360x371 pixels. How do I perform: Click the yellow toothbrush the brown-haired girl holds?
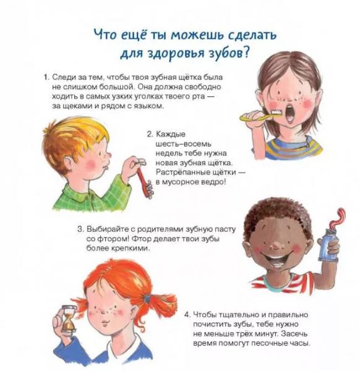click(260, 116)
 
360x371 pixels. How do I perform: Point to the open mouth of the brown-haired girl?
click(290, 113)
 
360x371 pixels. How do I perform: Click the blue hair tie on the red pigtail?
click(148, 299)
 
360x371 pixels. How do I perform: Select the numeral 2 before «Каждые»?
click(150, 134)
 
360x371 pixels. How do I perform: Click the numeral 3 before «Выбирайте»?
click(80, 229)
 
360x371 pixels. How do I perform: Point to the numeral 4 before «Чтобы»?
click(187, 315)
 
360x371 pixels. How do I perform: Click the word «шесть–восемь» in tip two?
click(183, 144)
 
